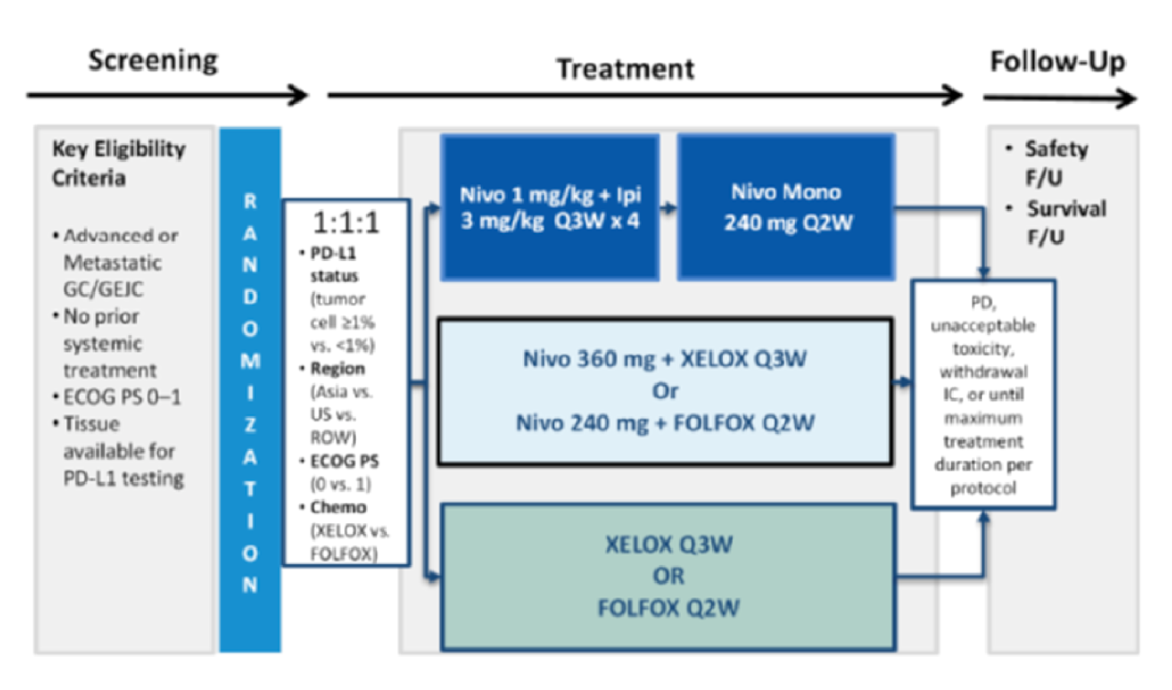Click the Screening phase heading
pyautogui.click(x=153, y=61)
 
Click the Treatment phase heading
pyautogui.click(x=625, y=69)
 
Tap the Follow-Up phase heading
pyautogui.click(x=1057, y=61)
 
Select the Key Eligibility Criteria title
pyautogui.click(x=119, y=163)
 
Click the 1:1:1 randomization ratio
pyautogui.click(x=346, y=223)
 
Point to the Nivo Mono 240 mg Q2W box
pyautogui.click(x=786, y=207)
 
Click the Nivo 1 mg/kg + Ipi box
pyautogui.click(x=550, y=207)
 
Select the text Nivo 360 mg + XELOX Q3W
pyautogui.click(x=664, y=359)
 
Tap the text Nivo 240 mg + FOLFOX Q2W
pyautogui.click(x=664, y=422)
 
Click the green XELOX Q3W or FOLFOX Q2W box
pyautogui.click(x=668, y=577)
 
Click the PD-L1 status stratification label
pyautogui.click(x=334, y=264)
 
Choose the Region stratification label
pyautogui.click(x=337, y=369)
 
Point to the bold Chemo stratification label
pyautogui.click(x=338, y=508)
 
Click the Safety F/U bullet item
pyautogui.click(x=1055, y=163)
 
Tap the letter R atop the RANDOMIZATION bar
pyautogui.click(x=250, y=202)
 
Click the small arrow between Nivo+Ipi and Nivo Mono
pyautogui.click(x=668, y=207)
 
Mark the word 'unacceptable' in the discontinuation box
pyautogui.click(x=983, y=326)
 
